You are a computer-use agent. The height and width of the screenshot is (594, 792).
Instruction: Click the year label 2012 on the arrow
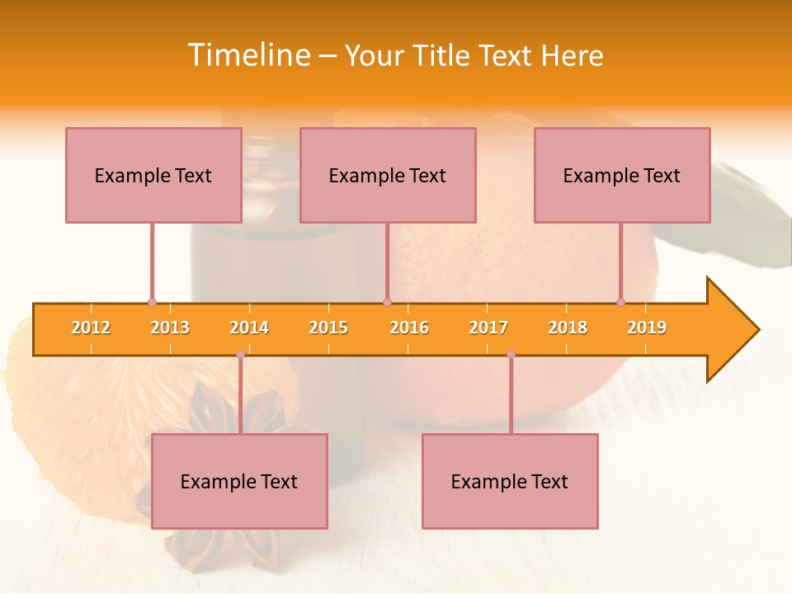pyautogui.click(x=91, y=328)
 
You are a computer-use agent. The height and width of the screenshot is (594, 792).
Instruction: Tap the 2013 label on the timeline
pyautogui.click(x=170, y=328)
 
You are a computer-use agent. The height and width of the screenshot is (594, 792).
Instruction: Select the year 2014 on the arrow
pyautogui.click(x=249, y=328)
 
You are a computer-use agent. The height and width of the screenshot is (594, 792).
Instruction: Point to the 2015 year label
pyautogui.click(x=328, y=328)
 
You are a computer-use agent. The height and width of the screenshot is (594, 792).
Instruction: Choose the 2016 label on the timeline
pyautogui.click(x=409, y=328)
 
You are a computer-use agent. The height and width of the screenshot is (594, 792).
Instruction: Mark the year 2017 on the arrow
pyautogui.click(x=488, y=328)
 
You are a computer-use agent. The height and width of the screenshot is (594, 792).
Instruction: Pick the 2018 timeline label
pyautogui.click(x=568, y=328)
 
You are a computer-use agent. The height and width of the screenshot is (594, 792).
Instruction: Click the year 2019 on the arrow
pyautogui.click(x=647, y=328)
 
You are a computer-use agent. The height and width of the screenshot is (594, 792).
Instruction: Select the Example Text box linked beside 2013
pyautogui.click(x=153, y=175)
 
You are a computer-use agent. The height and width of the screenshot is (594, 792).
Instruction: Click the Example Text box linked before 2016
pyautogui.click(x=388, y=175)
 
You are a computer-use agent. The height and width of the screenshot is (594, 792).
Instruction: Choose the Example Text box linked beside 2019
pyautogui.click(x=622, y=175)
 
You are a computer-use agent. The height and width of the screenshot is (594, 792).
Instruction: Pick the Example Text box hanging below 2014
pyautogui.click(x=239, y=481)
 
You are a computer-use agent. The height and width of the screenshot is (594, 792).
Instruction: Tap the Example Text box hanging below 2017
pyautogui.click(x=510, y=481)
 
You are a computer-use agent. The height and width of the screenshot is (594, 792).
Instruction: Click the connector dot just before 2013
pyautogui.click(x=152, y=302)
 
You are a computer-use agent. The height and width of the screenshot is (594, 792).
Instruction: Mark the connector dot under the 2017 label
pyautogui.click(x=511, y=355)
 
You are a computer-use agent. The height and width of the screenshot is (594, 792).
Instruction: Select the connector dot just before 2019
pyautogui.click(x=620, y=302)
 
